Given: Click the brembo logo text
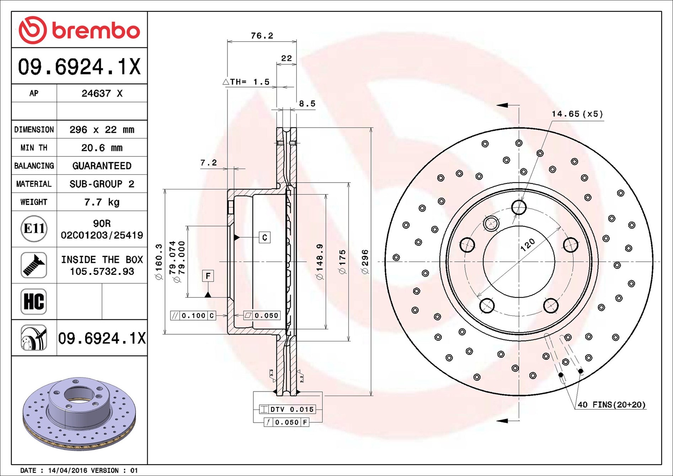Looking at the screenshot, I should coord(96,31).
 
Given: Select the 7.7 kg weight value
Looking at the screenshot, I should coord(102,202).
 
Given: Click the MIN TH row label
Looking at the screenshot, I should coord(34,148).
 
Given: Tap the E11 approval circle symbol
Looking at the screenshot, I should coord(34,229).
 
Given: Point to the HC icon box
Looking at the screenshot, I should coord(34,301).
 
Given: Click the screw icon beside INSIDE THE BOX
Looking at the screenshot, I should coord(34,265).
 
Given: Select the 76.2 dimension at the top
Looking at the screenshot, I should coord(262,36).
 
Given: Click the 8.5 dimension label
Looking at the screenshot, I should coord(307,103).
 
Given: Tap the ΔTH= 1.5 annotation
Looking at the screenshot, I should coord(246,82).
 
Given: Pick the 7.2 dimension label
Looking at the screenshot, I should coord(208,162).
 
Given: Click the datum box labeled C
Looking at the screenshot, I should coord(264,237).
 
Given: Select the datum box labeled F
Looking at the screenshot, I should coord(208,276).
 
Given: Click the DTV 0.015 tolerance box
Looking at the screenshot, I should coord(287,409).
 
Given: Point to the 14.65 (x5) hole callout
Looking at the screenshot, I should coord(577,114).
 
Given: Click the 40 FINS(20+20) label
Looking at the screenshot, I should coord(611,405).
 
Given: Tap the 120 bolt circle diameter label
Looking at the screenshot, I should coord(527,245).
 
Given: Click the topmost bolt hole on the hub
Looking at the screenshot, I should coord(519,207).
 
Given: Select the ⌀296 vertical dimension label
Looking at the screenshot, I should coord(365,262).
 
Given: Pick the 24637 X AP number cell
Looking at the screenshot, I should coord(102,93).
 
